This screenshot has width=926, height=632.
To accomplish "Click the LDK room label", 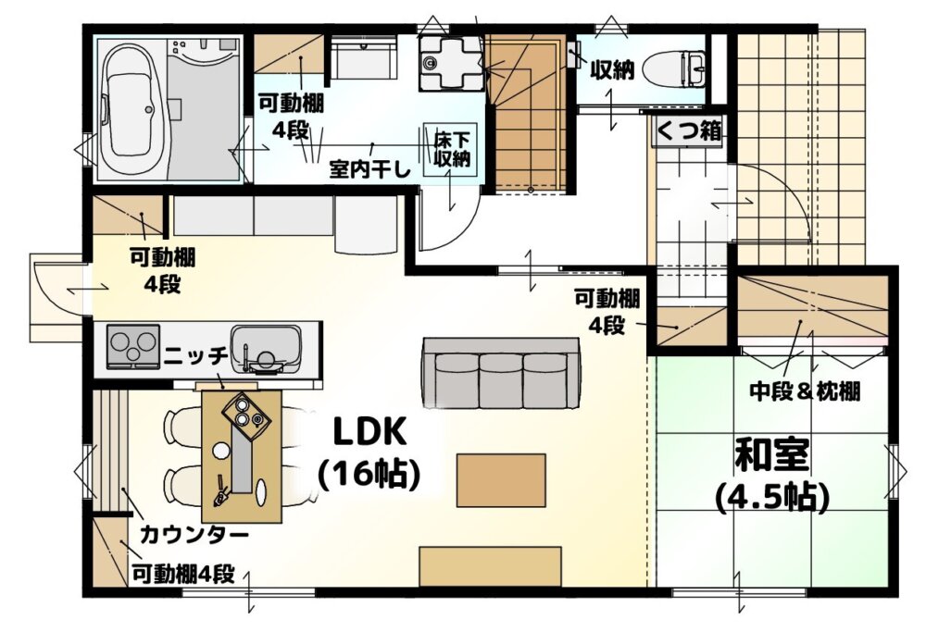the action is (x=370, y=431).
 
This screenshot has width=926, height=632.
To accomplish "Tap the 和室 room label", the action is (x=772, y=455).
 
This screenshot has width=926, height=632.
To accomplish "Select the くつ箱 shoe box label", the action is (x=689, y=130).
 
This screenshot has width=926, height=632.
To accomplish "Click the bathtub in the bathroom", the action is (x=132, y=109).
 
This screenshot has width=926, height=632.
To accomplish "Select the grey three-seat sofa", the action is (x=500, y=373).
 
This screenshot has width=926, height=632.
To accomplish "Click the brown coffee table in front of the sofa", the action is (x=501, y=479).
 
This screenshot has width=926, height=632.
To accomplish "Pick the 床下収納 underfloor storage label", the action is (x=453, y=150).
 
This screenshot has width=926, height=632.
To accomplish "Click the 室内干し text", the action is (x=369, y=170).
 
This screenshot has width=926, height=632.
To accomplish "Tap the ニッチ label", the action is (x=196, y=355).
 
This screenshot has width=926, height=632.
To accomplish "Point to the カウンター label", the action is (x=194, y=535).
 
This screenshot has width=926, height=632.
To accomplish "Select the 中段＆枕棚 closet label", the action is (x=805, y=390).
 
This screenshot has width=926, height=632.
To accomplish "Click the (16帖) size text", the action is (x=369, y=474).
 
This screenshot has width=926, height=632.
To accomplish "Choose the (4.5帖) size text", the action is (x=772, y=498).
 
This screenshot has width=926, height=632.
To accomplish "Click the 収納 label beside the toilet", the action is (x=613, y=69).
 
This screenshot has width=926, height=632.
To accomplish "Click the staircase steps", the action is (x=528, y=112).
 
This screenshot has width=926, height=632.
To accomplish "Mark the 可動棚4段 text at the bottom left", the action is (x=183, y=574).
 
